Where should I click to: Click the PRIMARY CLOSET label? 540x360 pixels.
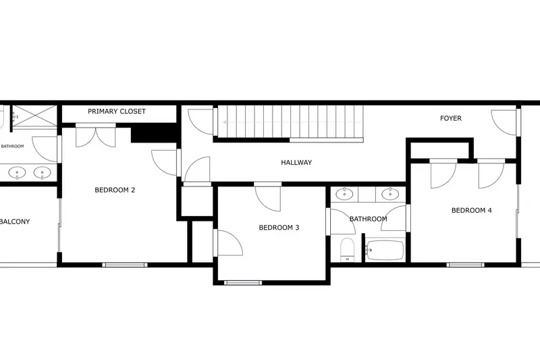click(117, 111)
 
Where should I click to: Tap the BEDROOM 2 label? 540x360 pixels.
click(115, 190)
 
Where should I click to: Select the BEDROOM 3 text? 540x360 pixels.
click(279, 228)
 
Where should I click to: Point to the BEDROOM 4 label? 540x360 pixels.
click(471, 210)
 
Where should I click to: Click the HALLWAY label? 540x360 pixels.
click(296, 162)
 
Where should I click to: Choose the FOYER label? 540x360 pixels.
click(451, 118)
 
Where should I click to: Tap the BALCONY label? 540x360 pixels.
click(15, 222)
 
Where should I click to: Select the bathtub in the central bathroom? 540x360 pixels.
click(384, 251)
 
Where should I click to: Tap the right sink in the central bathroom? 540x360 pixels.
click(389, 194)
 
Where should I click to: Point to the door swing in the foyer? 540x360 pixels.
click(505, 122)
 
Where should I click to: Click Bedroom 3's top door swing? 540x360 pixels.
click(268, 197)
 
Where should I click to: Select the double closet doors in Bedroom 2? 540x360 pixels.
click(95, 136)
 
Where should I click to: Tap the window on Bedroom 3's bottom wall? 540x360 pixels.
click(243, 282)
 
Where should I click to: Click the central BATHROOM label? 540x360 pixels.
click(368, 219)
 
